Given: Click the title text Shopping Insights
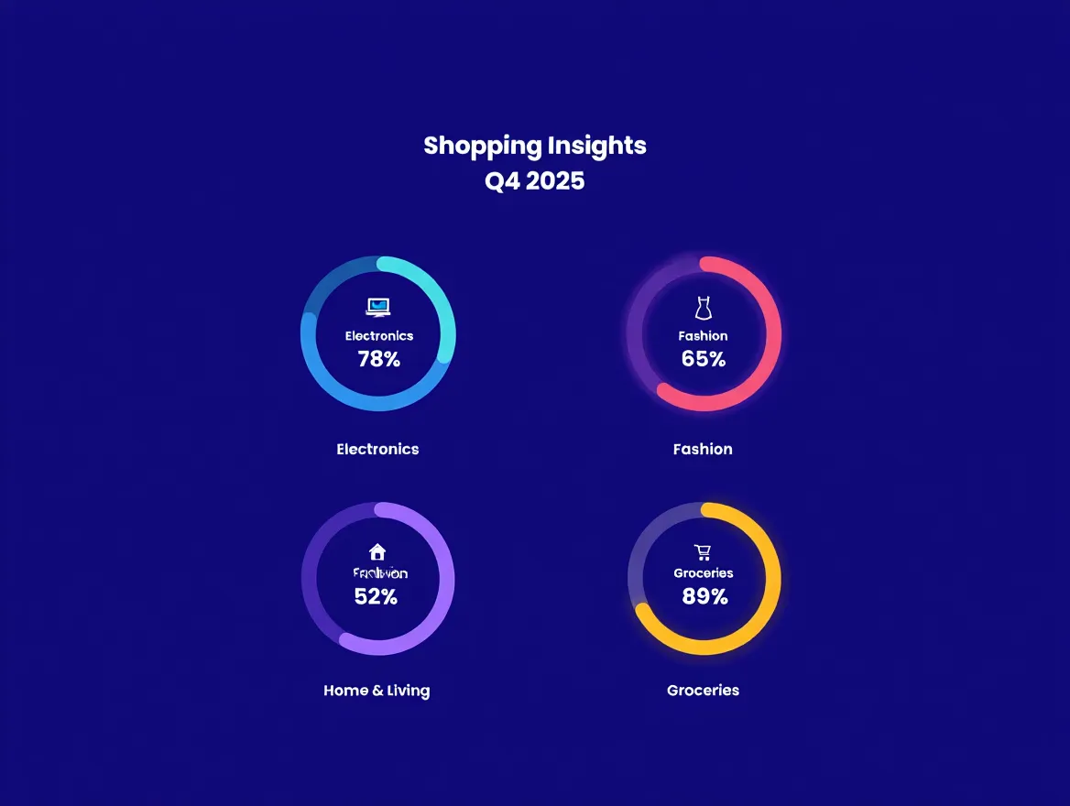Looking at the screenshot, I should tap(535, 146).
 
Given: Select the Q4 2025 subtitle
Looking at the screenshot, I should tap(535, 181).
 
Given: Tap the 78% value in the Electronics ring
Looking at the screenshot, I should tap(379, 359).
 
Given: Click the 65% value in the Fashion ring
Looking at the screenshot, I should tap(704, 359).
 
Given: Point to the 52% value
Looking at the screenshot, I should tap(376, 597).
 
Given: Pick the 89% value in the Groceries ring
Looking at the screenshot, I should tap(704, 597).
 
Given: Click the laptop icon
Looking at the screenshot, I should tap(378, 307).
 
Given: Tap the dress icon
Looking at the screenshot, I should tap(704, 308).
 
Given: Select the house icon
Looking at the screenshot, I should tap(377, 551).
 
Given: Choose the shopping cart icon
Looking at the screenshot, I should tap(703, 551).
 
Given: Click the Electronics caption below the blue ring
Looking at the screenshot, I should tap(377, 449).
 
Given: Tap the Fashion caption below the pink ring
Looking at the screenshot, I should tap(703, 449).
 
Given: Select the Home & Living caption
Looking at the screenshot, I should tap(377, 691).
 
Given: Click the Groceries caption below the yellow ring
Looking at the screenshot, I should tap(703, 691).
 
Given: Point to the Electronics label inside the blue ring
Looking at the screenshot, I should tap(379, 336).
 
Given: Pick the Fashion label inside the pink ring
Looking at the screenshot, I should tap(703, 336).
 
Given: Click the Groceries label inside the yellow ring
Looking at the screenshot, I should tap(704, 573).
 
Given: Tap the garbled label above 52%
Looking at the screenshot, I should tap(380, 573).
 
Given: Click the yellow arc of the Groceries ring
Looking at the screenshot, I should tap(772, 579).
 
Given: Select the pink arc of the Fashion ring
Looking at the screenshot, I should tap(772, 334).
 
